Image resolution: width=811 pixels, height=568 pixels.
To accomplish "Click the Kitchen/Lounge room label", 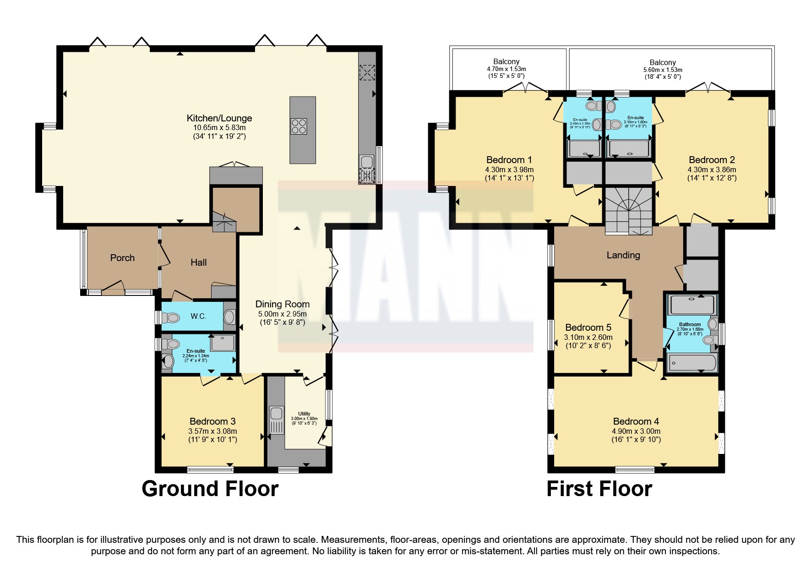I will tap(219, 118).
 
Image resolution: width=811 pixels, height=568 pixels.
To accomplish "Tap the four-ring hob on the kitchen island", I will tap(298, 126).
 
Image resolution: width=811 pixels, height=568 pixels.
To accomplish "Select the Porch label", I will tap(122, 258).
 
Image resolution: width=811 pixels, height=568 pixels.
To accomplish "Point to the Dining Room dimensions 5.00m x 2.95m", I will tap(282, 314).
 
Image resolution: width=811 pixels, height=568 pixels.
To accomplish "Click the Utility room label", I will tap(304, 414).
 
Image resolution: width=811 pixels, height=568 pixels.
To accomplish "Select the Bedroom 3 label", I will tap(212, 421).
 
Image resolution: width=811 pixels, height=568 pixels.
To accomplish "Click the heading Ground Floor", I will tap(210, 489).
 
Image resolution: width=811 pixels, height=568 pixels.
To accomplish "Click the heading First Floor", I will tap(599, 489).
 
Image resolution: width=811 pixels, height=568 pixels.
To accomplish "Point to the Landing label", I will tap(623, 255).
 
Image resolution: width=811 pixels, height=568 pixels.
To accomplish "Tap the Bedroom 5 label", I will tap(588, 328).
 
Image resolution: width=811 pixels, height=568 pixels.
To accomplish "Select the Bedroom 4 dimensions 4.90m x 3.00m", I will tap(636, 431).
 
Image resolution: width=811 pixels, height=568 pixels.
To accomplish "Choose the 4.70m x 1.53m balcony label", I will tap(506, 69).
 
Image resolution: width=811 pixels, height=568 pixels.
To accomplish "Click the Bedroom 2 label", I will tap(712, 160).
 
